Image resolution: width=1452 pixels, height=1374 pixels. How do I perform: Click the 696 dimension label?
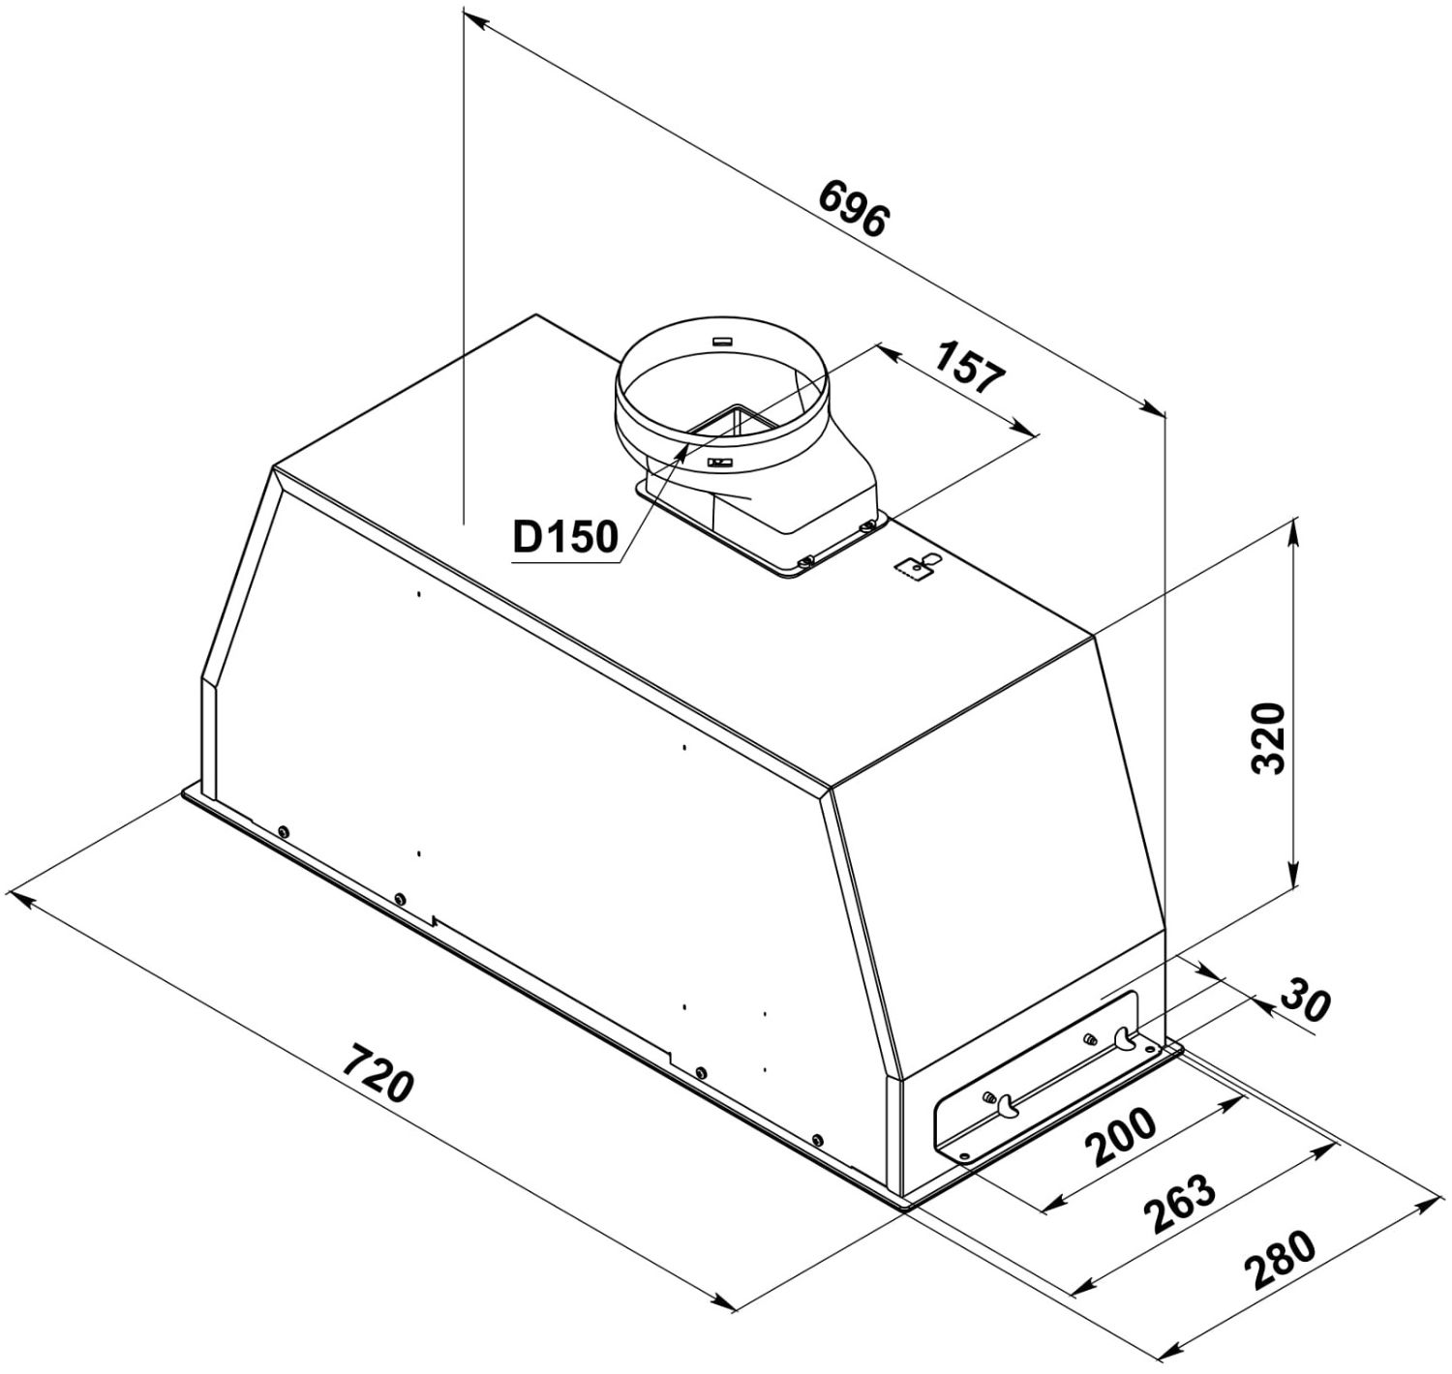pyautogui.click(x=853, y=208)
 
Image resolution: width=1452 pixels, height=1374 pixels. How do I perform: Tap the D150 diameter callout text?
pyautogui.click(x=565, y=537)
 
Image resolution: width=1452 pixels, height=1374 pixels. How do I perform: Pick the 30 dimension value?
pyautogui.click(x=1305, y=1000)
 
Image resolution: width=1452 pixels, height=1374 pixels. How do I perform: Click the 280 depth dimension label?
pyautogui.click(x=1280, y=1260)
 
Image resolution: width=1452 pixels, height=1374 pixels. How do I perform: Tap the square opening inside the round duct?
pyautogui.click(x=735, y=423)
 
